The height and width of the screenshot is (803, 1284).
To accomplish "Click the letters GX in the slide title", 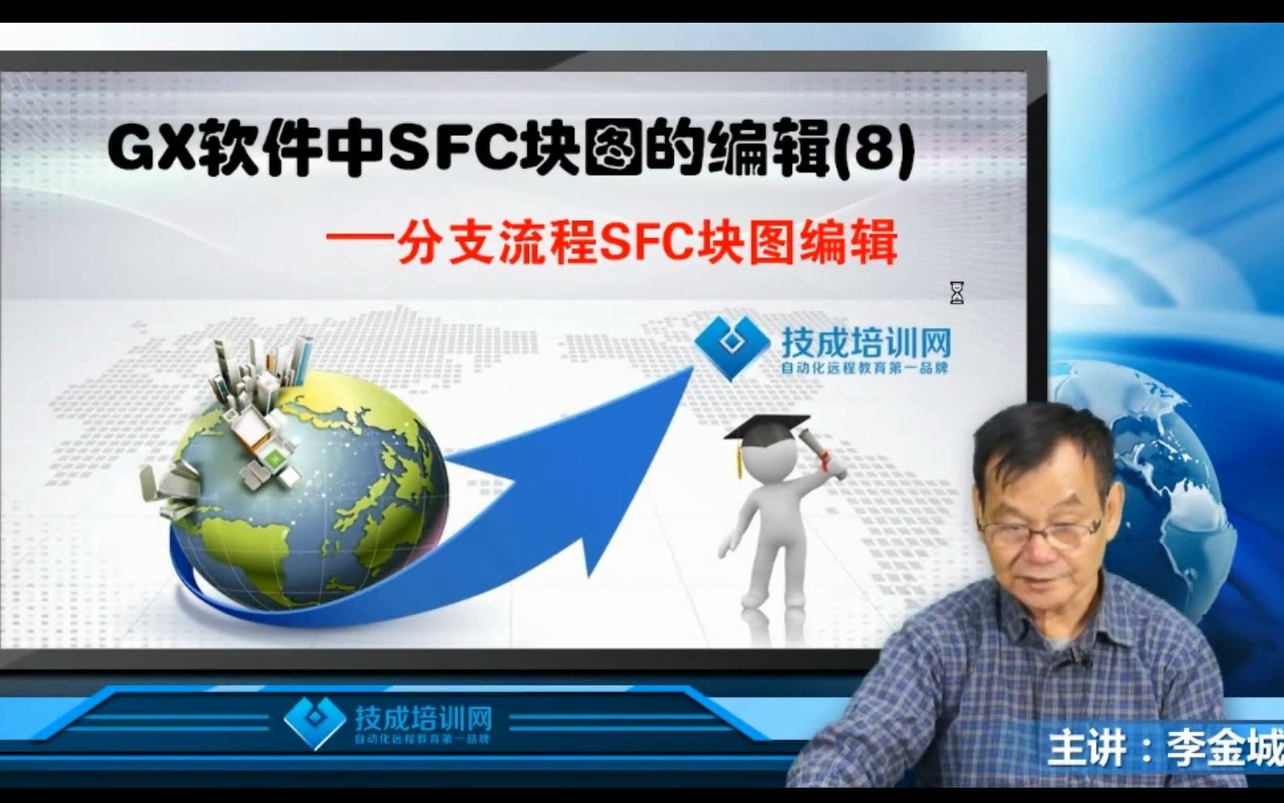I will coord(151,150).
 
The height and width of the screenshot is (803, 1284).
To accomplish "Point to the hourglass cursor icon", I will coord(956,293).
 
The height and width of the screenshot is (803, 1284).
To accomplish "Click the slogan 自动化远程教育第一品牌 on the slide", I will coord(863,368).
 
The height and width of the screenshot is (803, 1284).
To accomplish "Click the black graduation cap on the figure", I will coord(765,427).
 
